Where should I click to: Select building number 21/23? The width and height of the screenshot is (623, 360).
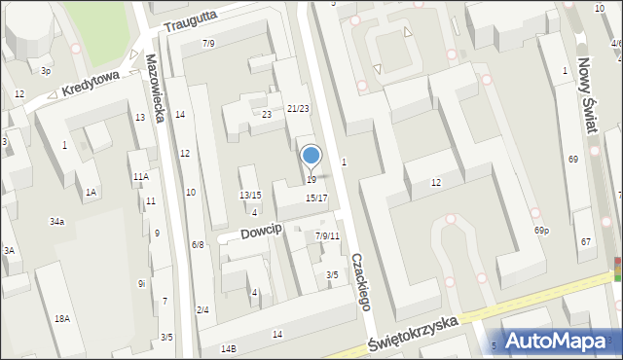[298, 109]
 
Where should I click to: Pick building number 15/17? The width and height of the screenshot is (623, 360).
[316, 198]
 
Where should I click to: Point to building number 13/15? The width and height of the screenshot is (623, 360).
[250, 196]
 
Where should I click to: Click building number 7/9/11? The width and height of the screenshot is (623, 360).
[327, 236]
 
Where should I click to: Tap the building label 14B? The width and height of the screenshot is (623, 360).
[229, 348]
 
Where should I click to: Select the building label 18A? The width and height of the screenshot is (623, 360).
[62, 319]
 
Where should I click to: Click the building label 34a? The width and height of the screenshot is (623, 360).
[57, 223]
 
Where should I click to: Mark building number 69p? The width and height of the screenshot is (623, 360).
[541, 231]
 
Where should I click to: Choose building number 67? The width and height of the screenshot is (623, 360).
[585, 241]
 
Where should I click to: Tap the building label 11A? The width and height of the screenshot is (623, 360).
[141, 177]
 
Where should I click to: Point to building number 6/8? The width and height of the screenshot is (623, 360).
[198, 245]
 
